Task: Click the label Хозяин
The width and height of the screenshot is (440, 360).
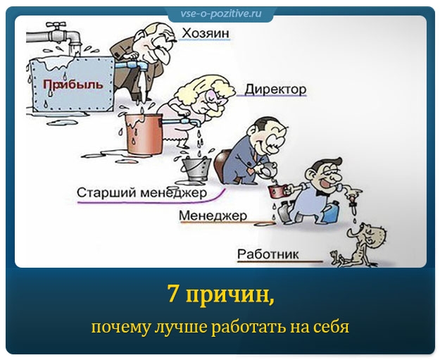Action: [x=206, y=33]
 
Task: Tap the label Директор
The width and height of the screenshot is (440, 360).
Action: [x=275, y=89]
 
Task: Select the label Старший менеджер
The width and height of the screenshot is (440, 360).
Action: [x=142, y=193]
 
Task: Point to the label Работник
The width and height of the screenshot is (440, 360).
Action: [x=268, y=254]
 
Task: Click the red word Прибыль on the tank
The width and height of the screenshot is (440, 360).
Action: [x=73, y=85]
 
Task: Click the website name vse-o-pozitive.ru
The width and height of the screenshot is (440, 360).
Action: [x=221, y=13]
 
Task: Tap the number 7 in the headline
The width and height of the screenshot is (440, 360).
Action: [x=173, y=294]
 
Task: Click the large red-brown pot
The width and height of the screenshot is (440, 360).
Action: [x=144, y=134]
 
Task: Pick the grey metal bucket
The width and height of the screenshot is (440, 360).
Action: [x=196, y=169]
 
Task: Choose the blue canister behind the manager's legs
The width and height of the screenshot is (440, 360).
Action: [x=330, y=213]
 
